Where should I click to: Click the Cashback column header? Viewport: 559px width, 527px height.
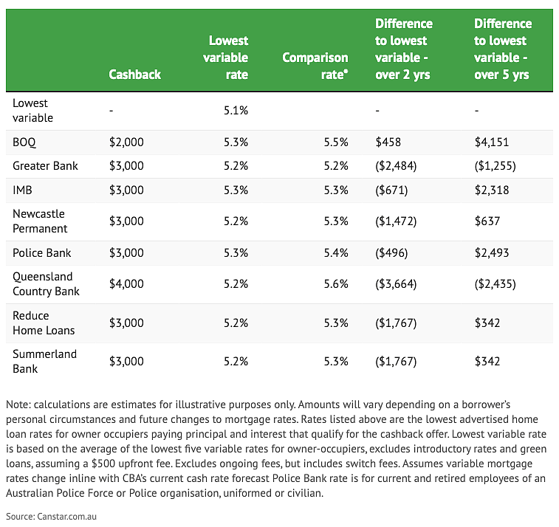(134, 75)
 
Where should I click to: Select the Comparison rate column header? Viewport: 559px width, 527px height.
(315, 66)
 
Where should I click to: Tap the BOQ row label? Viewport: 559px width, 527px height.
(24, 142)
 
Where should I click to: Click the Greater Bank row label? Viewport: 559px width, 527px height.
(45, 165)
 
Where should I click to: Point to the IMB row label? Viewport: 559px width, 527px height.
(22, 190)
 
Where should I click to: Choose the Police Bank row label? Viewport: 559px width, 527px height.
(41, 252)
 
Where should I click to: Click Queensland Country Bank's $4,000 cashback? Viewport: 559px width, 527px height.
(126, 283)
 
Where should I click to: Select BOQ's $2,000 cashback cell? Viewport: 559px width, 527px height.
(126, 142)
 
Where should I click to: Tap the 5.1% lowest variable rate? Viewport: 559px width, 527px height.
(236, 111)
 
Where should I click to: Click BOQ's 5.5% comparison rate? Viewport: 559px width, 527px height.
(336, 142)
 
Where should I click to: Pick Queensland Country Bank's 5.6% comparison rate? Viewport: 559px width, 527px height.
(336, 283)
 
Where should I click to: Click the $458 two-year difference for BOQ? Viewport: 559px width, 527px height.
(388, 142)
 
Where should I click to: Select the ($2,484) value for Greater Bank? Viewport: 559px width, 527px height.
(396, 165)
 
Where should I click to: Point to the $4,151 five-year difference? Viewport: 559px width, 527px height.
(492, 142)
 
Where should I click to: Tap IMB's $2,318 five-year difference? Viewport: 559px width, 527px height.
(492, 190)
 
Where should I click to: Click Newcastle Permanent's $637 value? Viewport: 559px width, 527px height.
(487, 221)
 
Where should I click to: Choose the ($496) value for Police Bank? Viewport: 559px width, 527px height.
(391, 252)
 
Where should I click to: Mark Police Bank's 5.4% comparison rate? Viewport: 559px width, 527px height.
(336, 252)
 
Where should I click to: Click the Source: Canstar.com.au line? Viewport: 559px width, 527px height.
(52, 517)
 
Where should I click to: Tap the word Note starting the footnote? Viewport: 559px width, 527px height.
(18, 404)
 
